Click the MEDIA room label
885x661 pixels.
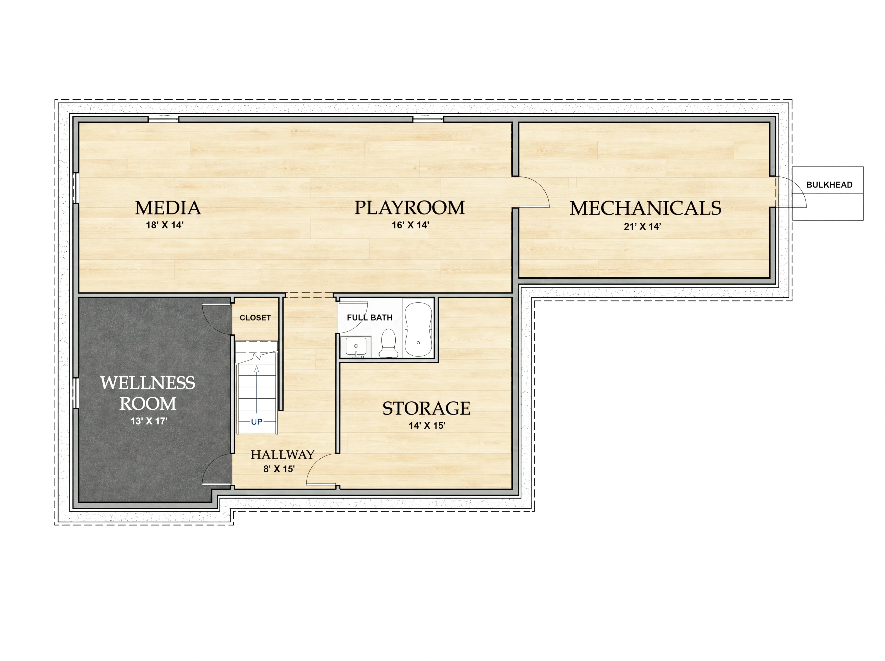(x=168, y=208)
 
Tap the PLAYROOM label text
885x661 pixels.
(x=409, y=208)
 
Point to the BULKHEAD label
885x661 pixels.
(x=829, y=185)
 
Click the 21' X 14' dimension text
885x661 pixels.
(x=642, y=227)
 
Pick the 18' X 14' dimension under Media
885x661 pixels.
(x=164, y=225)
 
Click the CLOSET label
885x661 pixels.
(x=255, y=318)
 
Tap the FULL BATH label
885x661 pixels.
(x=369, y=318)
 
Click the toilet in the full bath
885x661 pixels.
(x=388, y=343)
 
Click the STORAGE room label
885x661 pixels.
(x=426, y=408)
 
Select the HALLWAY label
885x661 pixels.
(x=282, y=455)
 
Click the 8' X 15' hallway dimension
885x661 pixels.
(x=279, y=469)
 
